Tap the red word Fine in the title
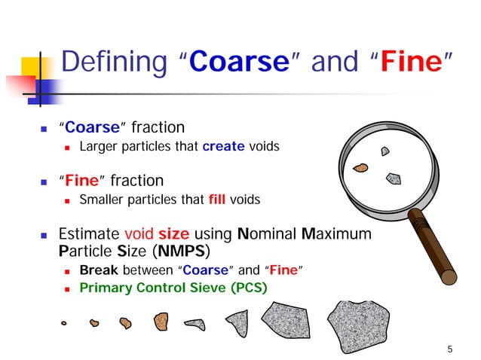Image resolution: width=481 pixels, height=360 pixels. [409, 63]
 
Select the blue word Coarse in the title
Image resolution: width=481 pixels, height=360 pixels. [240, 63]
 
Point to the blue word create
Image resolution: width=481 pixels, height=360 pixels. [224, 147]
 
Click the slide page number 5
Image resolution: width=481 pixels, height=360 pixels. [450, 348]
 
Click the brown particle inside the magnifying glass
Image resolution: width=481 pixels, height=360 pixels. [361, 167]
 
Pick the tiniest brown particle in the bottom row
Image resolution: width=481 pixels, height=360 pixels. [64, 324]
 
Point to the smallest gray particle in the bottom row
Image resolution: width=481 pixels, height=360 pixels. [195, 325]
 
